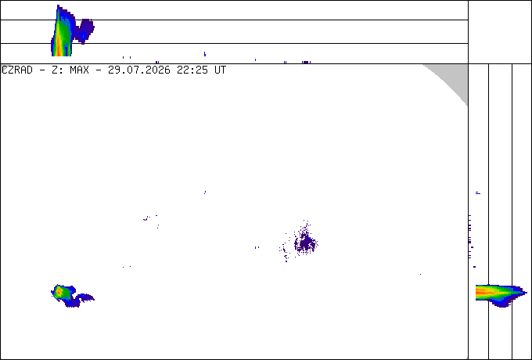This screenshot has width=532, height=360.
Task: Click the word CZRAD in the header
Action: (17, 70)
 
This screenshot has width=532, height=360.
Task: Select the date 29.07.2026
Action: (138, 70)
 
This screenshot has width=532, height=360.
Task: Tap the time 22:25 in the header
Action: (192, 70)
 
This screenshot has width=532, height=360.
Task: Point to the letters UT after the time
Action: (220, 70)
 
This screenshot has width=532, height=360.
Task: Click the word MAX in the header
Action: (79, 70)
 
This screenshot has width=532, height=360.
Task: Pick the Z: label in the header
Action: (57, 70)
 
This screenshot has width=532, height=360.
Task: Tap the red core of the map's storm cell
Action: (59, 291)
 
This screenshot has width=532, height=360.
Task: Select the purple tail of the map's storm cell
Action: (84, 297)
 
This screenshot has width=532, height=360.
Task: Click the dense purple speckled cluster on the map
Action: (306, 243)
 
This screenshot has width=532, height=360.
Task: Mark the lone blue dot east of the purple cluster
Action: (420, 274)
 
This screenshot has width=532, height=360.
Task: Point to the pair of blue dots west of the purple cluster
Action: (257, 247)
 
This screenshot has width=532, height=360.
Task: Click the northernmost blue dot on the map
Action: (205, 193)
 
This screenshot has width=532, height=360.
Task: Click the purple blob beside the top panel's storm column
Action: (84, 31)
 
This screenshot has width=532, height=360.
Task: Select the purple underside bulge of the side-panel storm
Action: (501, 303)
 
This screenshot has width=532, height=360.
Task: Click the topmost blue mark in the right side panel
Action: (478, 193)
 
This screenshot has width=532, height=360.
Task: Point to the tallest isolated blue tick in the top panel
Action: (205, 54)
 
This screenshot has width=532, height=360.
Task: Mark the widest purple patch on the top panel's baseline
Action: (306, 62)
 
